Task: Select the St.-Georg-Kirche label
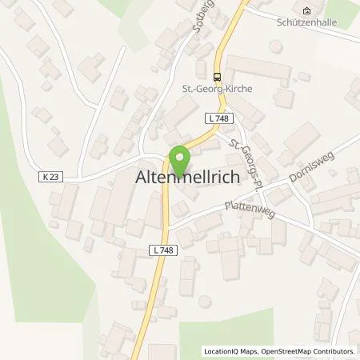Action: tap(217, 89)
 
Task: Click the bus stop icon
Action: tap(217, 76)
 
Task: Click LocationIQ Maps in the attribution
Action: tap(226, 351)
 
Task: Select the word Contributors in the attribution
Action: tap(332, 351)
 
